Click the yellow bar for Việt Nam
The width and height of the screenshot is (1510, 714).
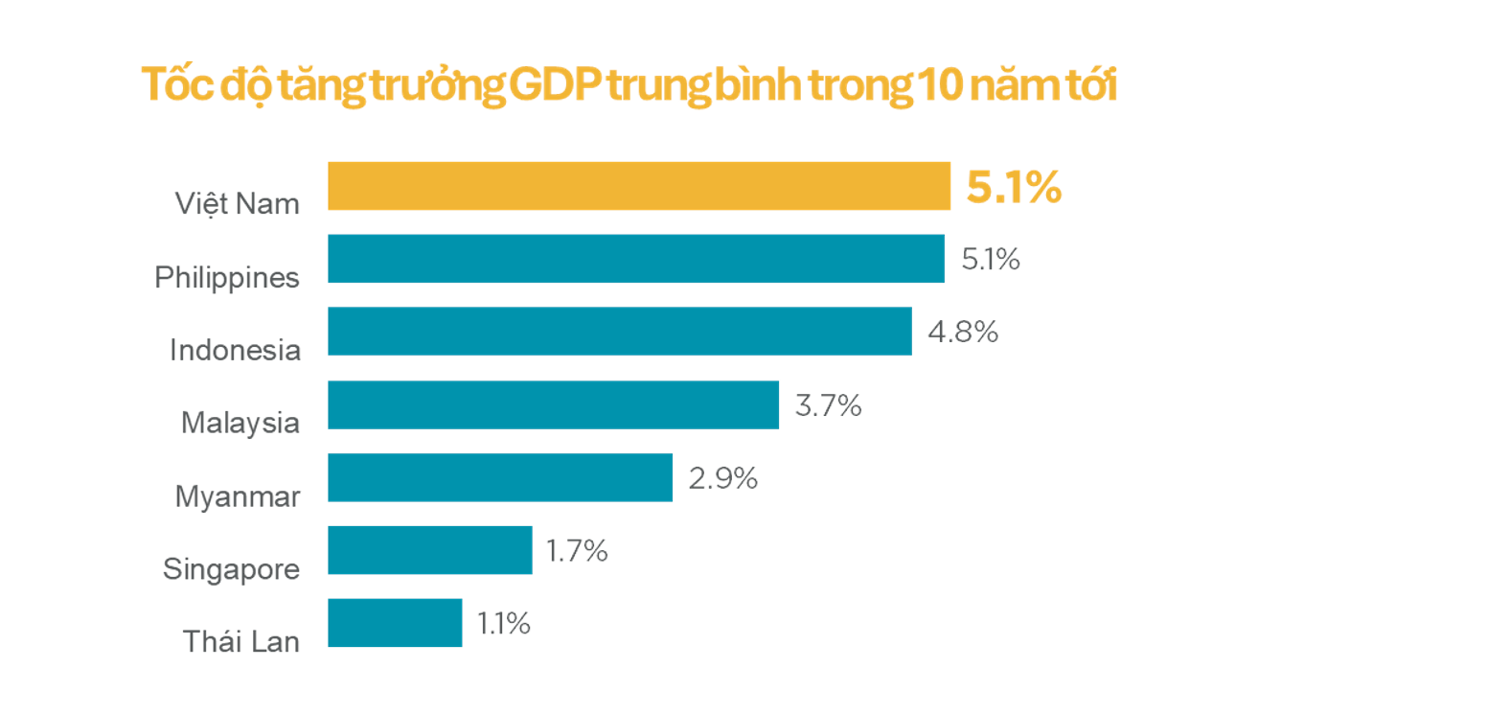[x=638, y=186]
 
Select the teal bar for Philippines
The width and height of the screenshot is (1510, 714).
[x=635, y=259]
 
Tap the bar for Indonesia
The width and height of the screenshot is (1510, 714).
[x=619, y=332]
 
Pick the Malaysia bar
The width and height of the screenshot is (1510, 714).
[x=553, y=404]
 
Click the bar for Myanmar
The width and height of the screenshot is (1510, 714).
[x=499, y=477]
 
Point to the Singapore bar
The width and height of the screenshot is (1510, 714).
[x=429, y=550]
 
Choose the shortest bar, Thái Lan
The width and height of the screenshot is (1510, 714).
[x=395, y=623]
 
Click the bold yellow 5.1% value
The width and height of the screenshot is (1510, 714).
[x=1013, y=187]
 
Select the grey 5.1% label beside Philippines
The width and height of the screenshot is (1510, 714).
[x=990, y=259]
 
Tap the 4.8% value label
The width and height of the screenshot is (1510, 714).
[x=962, y=332]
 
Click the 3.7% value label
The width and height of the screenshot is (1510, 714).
[x=828, y=405]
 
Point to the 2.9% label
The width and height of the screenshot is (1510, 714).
[x=722, y=477]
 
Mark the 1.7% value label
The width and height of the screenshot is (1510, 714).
[x=576, y=550]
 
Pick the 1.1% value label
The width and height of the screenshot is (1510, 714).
[x=503, y=623]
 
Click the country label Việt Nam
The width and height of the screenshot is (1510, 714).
[x=237, y=204]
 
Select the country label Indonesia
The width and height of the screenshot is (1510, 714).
[x=235, y=350]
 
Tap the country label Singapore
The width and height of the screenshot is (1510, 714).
[x=231, y=569]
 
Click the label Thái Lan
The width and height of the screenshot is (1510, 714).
[x=240, y=641]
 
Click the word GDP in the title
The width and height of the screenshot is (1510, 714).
[x=555, y=84]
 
